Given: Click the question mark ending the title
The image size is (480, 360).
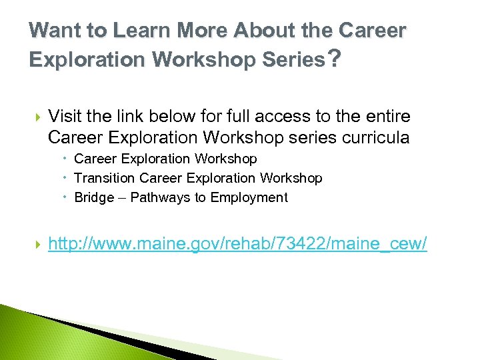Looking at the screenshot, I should point(335,60).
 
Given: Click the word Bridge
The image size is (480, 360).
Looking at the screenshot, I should point(94,197).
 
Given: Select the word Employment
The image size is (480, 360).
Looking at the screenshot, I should point(249,197).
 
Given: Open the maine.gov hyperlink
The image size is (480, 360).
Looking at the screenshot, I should point(237,245).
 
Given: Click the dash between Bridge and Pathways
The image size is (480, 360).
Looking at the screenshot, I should point(122,198).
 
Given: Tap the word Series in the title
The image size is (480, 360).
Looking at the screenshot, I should point(291,60).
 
